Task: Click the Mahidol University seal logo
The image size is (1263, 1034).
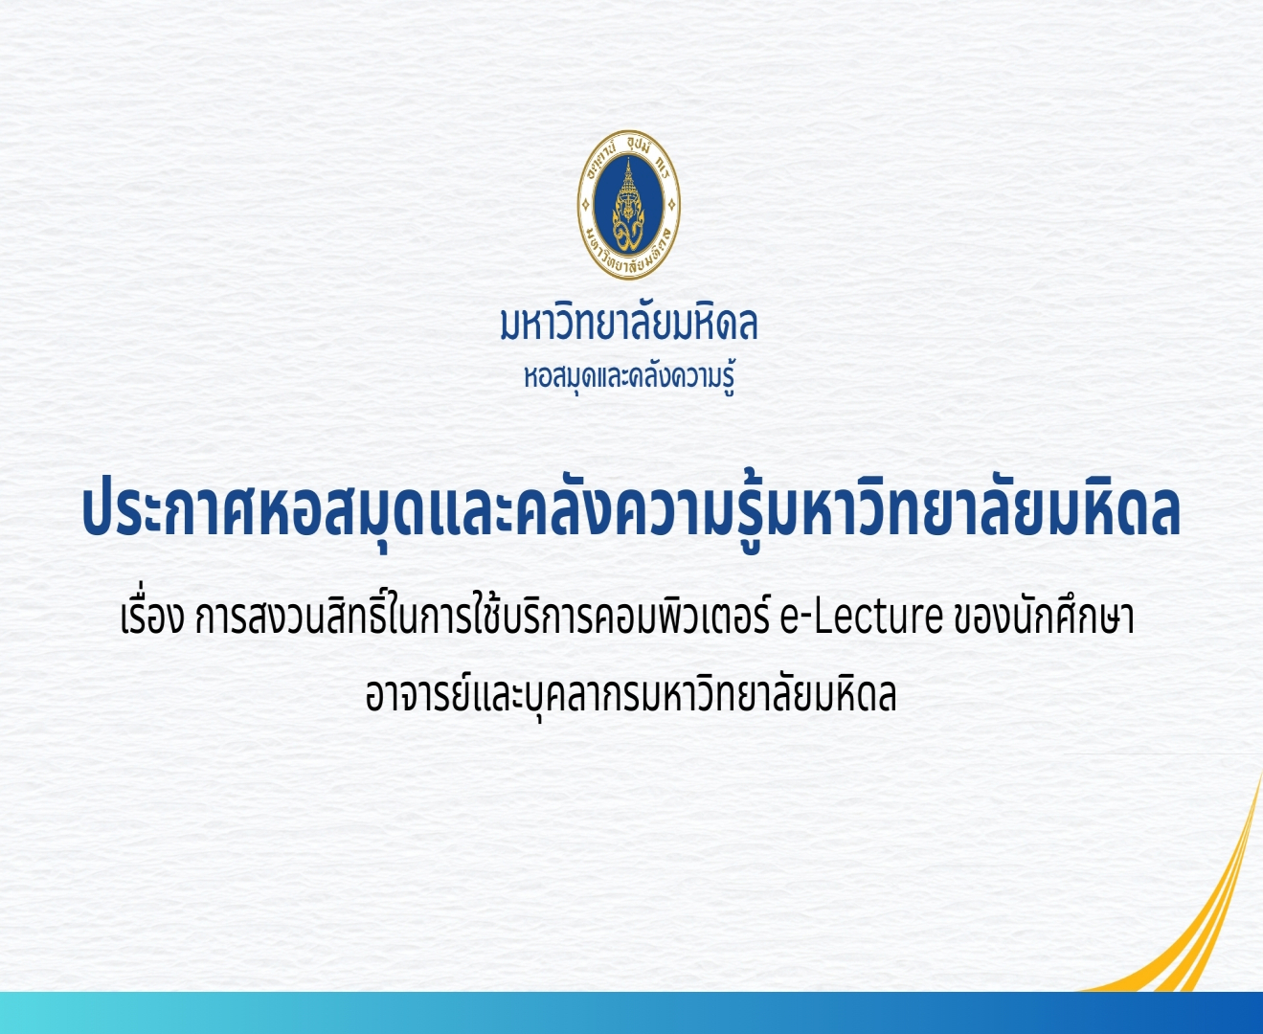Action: point(628,205)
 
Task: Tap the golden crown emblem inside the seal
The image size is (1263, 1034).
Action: point(628,205)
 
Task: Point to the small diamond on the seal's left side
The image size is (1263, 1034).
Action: point(586,205)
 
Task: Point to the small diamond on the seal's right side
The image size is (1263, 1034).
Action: point(671,205)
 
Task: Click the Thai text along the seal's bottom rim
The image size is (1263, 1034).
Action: point(629,257)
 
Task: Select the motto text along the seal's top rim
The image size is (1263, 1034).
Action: point(629,149)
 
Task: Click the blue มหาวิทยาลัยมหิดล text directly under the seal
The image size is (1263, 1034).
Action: point(629,325)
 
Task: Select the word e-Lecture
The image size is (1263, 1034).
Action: point(861,619)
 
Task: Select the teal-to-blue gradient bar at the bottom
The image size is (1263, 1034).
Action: point(631,1012)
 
